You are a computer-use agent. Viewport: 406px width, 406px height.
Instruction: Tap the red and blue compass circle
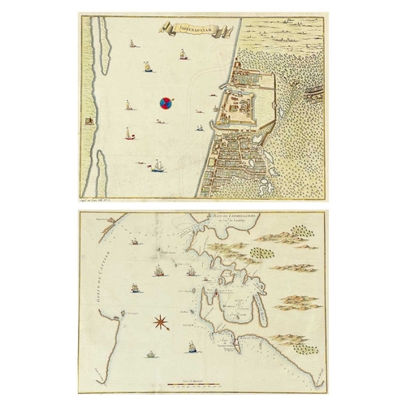pos(165,102)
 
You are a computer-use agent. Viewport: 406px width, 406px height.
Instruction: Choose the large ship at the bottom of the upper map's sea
pos(159,166)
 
